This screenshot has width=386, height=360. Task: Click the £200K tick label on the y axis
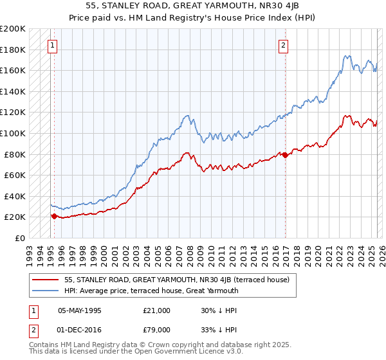(13, 29)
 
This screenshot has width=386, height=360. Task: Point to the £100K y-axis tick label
(13, 133)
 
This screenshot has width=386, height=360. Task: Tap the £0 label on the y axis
(19, 238)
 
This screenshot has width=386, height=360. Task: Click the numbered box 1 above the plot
(52, 46)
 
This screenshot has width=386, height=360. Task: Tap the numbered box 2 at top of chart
(283, 46)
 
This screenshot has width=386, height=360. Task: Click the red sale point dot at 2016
(285, 155)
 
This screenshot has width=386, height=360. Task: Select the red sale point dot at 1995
(54, 216)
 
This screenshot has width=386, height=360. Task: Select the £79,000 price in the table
(156, 329)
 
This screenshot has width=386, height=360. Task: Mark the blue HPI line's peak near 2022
(346, 56)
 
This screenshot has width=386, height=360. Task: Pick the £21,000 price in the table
(156, 310)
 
